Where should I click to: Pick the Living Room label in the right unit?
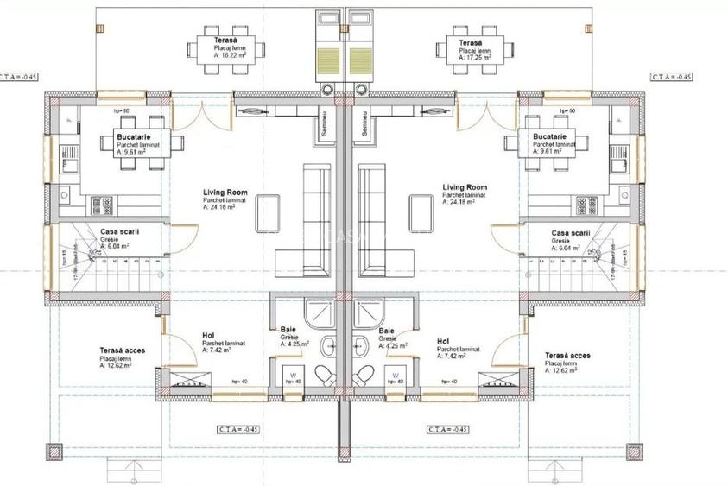(465, 187)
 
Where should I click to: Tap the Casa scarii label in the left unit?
(119, 232)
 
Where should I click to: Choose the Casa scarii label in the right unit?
(570, 232)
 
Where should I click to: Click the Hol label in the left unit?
(185, 334)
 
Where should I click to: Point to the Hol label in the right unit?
(443, 341)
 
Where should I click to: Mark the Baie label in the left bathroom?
(288, 330)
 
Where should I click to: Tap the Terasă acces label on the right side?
(567, 355)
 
